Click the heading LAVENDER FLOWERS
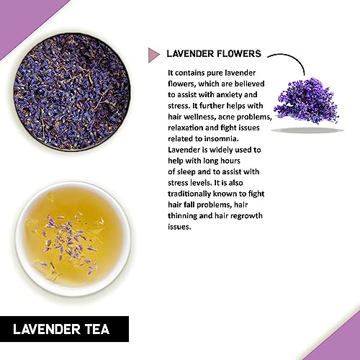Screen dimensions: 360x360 [x=214, y=53]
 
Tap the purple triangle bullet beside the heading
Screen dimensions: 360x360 [x=153, y=55]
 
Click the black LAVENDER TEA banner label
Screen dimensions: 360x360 [x=64, y=329]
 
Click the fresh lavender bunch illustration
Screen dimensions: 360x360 [x=307, y=101]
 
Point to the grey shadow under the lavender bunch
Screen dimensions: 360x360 [x=307, y=130]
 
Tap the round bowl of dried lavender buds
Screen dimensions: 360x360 [x=72, y=92]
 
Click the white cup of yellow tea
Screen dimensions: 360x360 [x=73, y=238]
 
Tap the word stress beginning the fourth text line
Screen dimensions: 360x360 [x=178, y=106]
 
